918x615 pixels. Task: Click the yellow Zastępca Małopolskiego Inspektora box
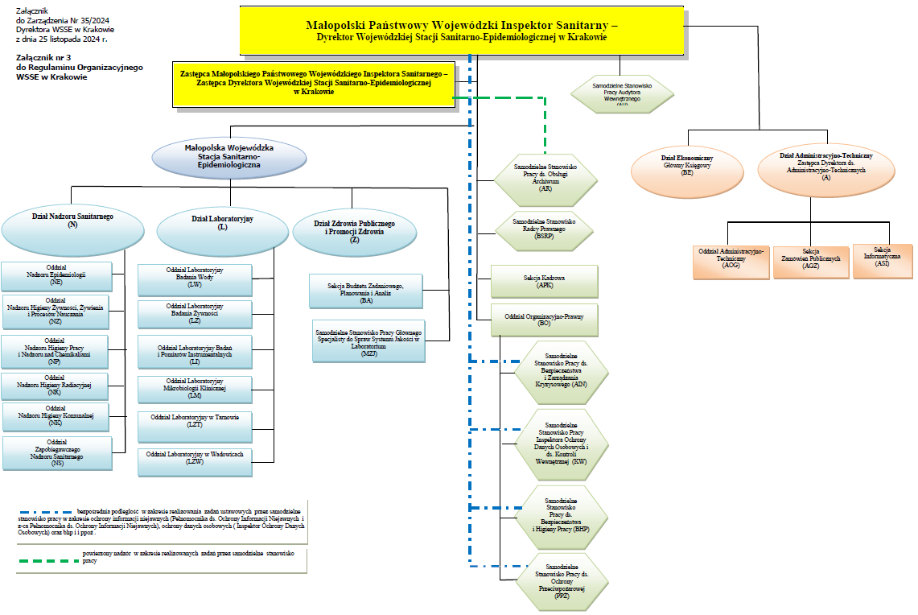[314, 83]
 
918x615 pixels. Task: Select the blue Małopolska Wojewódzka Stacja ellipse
[229, 157]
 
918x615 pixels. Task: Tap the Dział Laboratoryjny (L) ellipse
[223, 232]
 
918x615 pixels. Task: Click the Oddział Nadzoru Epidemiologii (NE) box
[56, 275]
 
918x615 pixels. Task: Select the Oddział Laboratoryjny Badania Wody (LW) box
[195, 279]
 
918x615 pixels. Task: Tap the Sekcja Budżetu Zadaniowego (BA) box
[366, 291]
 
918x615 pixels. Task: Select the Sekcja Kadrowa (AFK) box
[545, 282]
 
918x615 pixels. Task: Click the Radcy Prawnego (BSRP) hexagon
[545, 229]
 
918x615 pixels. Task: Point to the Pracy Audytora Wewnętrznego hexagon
[622, 93]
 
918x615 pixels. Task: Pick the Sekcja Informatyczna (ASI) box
[883, 262]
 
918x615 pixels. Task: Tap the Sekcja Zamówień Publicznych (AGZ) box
[811, 262]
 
